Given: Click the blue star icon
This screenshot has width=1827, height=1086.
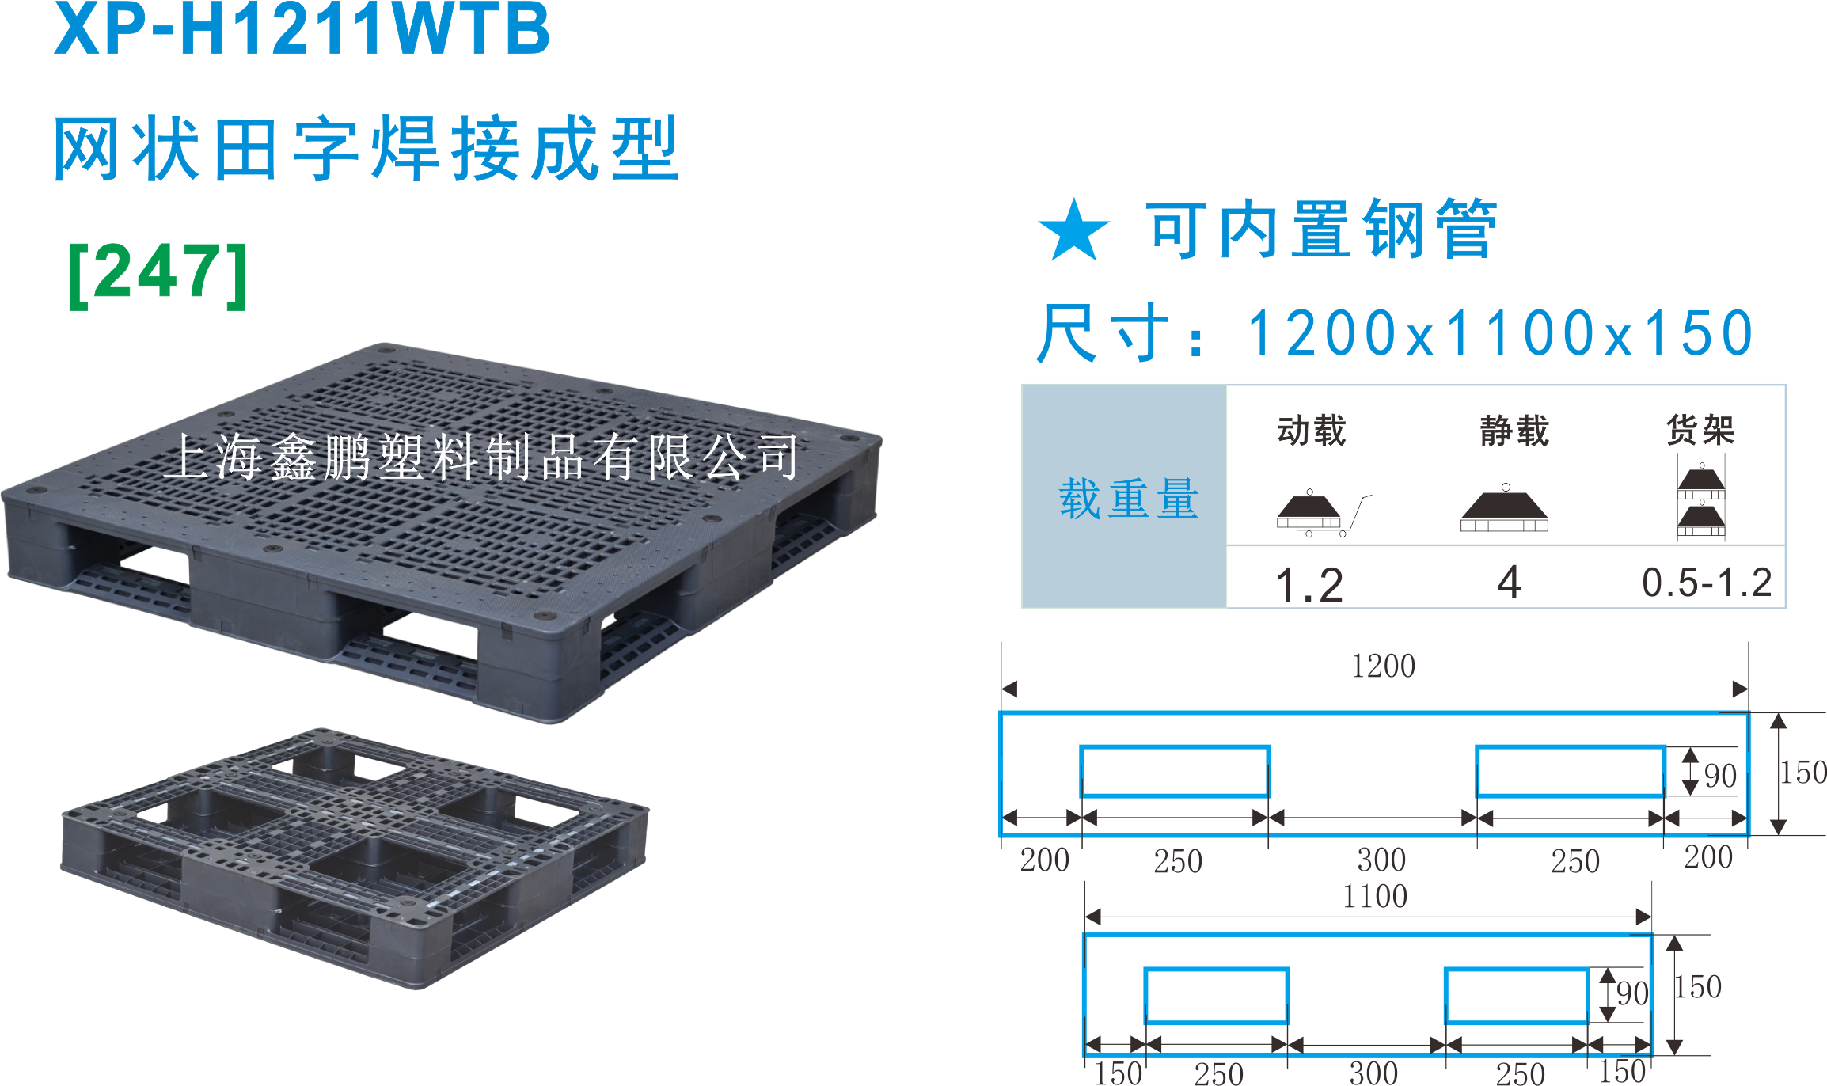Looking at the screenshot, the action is (x=1073, y=230).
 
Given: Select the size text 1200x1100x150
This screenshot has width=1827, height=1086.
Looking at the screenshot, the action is (x=1499, y=333).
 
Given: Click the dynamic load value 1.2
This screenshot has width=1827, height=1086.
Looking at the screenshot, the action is (x=1309, y=585).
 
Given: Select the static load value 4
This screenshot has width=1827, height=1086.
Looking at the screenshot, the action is (x=1509, y=583).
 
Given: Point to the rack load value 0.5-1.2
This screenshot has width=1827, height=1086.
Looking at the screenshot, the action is (x=1707, y=583).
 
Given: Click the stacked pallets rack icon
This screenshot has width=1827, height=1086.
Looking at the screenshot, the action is (x=1701, y=501).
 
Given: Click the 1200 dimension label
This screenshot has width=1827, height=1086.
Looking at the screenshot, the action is (x=1383, y=666).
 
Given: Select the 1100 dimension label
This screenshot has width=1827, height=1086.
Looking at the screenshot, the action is (x=1375, y=897).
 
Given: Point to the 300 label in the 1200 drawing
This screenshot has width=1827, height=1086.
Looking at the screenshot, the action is (x=1381, y=860).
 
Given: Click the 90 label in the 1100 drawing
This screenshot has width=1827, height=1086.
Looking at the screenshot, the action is (x=1632, y=993).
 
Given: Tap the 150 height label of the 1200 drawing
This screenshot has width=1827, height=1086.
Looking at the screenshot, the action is (x=1803, y=773).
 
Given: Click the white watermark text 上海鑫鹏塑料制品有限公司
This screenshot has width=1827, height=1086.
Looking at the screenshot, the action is (x=483, y=458).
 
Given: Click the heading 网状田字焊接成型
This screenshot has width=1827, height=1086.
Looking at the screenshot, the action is (x=366, y=148).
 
